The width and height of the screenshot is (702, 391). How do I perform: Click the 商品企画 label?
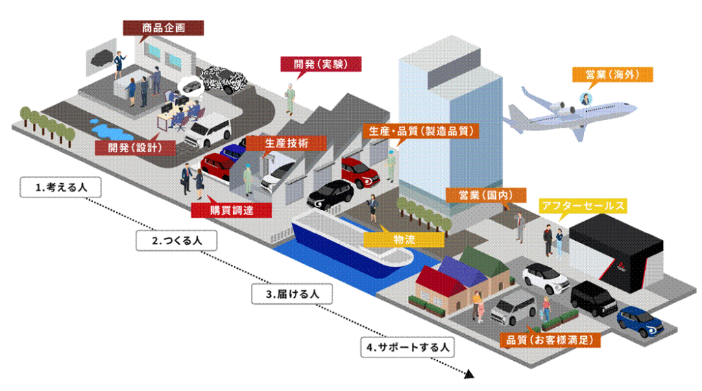[x=163, y=27]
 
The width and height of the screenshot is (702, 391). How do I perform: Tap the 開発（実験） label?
[x=321, y=64]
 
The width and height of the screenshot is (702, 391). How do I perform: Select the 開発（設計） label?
[x=135, y=147]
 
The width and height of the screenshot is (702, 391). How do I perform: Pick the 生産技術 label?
[x=287, y=143]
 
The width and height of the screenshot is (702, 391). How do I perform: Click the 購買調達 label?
[x=232, y=210]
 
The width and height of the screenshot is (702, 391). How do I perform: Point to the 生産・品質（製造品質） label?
[x=421, y=131]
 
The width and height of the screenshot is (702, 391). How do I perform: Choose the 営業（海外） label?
[x=612, y=74]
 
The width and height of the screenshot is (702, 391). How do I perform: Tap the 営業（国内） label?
[x=486, y=195]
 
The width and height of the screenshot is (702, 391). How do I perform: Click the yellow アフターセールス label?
[x=583, y=206]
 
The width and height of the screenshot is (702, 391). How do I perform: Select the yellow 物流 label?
[x=404, y=239]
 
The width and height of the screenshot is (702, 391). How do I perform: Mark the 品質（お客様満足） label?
[x=550, y=340]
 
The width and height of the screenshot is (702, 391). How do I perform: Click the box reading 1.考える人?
[x=60, y=187]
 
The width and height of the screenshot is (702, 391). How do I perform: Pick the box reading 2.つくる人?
[x=176, y=241]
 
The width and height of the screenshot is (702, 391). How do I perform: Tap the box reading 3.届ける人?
[x=292, y=294]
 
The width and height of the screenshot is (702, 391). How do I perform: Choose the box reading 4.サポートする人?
[x=407, y=347]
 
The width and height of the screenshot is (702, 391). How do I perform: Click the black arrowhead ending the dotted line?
[x=469, y=374]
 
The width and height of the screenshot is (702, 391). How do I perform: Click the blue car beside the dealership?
[x=640, y=321]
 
